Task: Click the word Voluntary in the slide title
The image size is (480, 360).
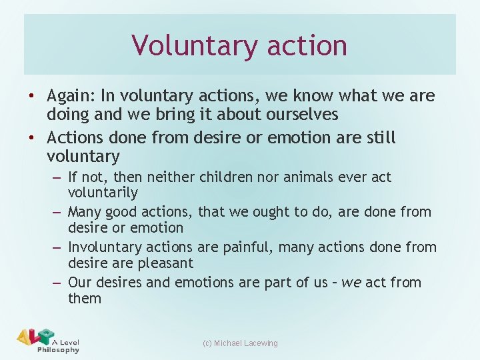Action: click(185, 45)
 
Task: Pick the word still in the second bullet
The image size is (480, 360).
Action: click(379, 138)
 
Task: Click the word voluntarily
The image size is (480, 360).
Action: click(103, 193)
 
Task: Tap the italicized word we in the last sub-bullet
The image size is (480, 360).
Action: click(351, 283)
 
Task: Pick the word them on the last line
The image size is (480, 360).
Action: click(85, 299)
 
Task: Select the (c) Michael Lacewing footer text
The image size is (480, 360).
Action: click(241, 343)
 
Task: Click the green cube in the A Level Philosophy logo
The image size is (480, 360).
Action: click(46, 335)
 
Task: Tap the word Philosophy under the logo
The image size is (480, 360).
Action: click(58, 350)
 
